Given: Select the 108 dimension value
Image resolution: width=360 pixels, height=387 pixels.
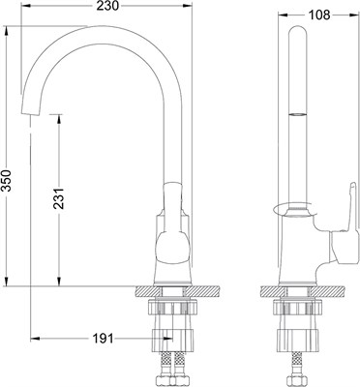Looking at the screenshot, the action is [x=319, y=15].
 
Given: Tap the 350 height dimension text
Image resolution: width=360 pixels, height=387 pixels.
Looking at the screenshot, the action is [x=6, y=180].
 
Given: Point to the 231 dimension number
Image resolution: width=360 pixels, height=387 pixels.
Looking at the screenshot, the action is [x=59, y=197].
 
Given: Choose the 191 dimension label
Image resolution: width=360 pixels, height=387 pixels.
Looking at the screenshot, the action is [x=104, y=339].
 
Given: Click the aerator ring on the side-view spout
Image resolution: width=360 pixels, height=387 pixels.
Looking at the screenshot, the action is [x=297, y=114].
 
